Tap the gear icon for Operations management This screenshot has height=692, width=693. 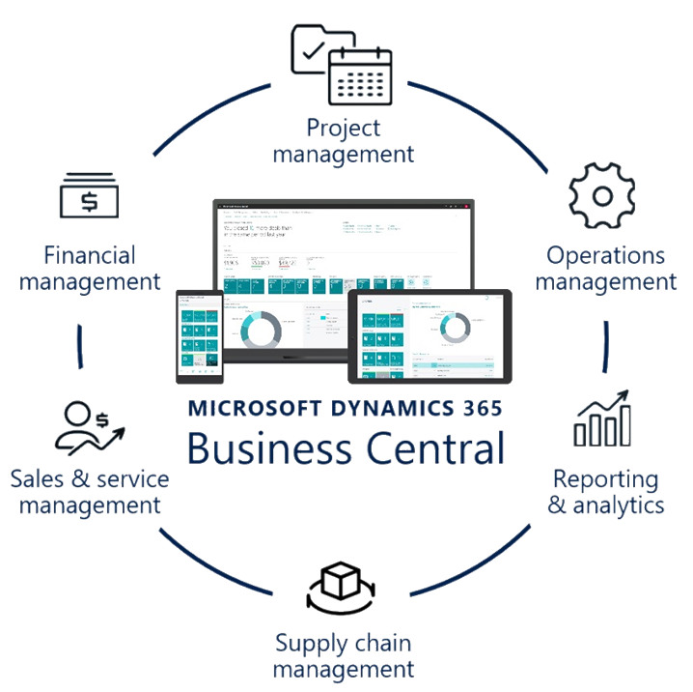pyautogui.click(x=602, y=195)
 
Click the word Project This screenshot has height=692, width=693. pyautogui.click(x=344, y=128)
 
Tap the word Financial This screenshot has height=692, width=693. pyautogui.click(x=90, y=256)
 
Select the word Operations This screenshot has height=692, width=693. pyautogui.click(x=606, y=256)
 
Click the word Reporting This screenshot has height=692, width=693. pyautogui.click(x=606, y=479)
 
